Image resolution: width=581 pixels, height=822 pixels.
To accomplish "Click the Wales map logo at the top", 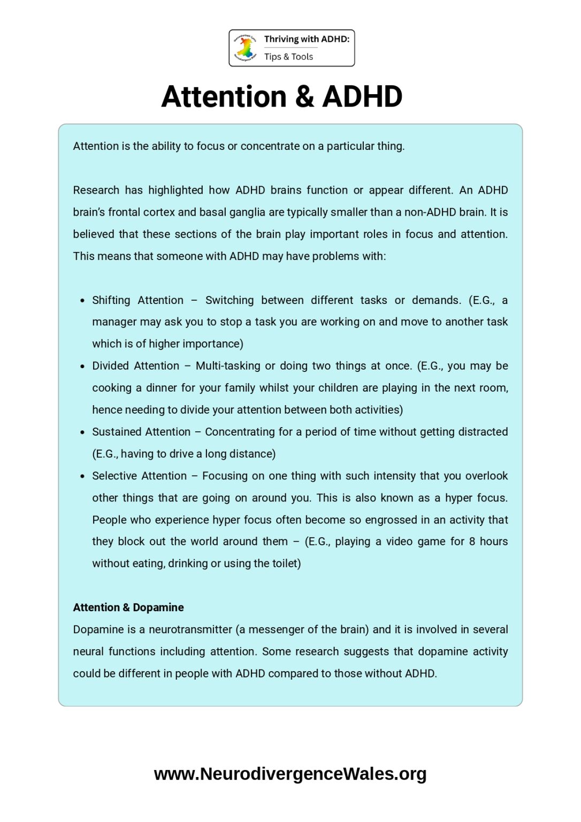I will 246,48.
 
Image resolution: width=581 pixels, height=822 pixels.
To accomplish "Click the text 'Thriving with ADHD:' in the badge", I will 307,39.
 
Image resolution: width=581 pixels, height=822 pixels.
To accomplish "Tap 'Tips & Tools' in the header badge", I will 288,57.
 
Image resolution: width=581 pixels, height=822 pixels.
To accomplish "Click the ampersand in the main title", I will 304,97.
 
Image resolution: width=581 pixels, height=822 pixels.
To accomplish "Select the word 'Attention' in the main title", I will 224,97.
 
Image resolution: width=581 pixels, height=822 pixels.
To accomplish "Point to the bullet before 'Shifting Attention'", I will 82,301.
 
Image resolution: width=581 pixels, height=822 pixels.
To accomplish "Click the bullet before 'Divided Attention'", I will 82,367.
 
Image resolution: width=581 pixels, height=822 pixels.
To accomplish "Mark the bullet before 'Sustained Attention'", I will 82,432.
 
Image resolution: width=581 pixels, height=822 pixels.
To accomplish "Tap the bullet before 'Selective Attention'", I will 82,476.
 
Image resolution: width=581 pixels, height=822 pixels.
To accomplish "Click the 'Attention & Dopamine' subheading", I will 128,607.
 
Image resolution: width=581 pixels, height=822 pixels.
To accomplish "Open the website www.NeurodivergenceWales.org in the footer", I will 290,774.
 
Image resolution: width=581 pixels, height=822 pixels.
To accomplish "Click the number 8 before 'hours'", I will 472,542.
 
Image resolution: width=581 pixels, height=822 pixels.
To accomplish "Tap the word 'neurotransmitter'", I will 190,630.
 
